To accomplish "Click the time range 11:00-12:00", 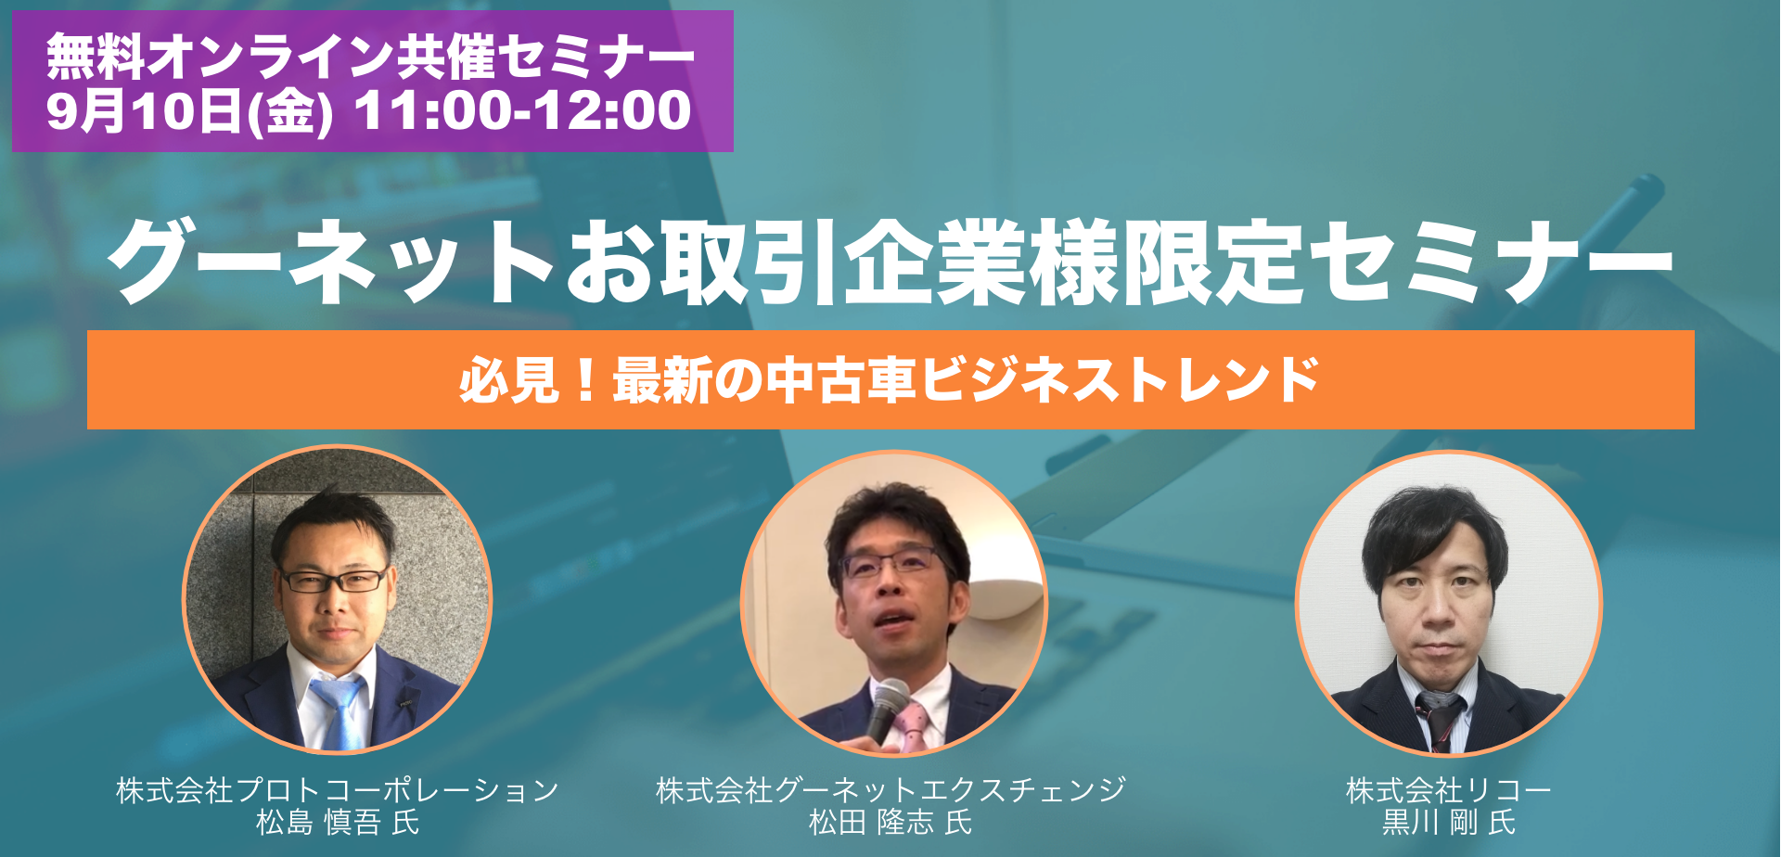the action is (x=523, y=111).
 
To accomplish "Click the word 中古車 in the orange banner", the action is (x=841, y=380).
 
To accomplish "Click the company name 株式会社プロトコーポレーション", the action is (x=338, y=790).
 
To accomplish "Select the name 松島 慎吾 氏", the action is (x=338, y=823).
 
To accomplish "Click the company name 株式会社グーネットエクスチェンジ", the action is (x=890, y=790).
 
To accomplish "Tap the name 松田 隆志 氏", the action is (x=890, y=823).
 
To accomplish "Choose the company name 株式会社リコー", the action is (x=1449, y=790).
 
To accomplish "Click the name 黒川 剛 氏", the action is (x=1449, y=823).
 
